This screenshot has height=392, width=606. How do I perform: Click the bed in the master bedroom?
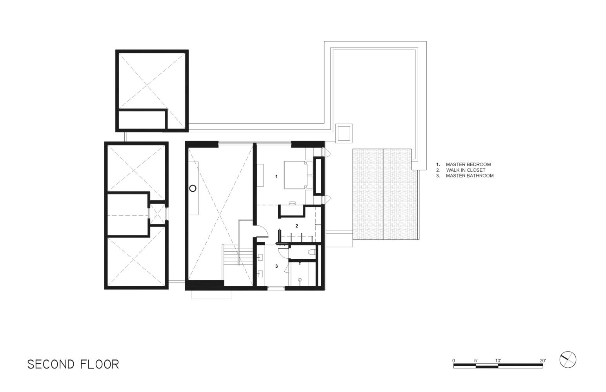pos(296,175)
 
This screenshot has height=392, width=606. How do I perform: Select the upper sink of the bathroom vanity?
pos(260,257)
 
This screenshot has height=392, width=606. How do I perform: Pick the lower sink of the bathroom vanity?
pos(260,274)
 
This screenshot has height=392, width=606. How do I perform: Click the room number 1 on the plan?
pos(276,176)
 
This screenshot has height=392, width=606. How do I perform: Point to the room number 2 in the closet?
pos(297,226)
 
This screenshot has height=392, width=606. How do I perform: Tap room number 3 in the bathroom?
pos(277,266)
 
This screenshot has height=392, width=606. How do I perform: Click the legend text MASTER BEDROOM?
pos(468,164)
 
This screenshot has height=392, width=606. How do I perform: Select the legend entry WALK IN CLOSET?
pos(466,170)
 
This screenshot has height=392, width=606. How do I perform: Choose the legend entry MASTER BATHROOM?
pos(470,176)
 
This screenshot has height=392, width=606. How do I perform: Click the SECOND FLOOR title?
pos(73,365)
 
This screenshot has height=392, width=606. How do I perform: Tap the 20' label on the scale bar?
pos(543,361)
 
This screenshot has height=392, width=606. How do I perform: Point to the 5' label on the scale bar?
pos(476,361)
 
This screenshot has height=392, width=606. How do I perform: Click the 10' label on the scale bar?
pos(498,361)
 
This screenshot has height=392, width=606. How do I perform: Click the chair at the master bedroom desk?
pos(292,203)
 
